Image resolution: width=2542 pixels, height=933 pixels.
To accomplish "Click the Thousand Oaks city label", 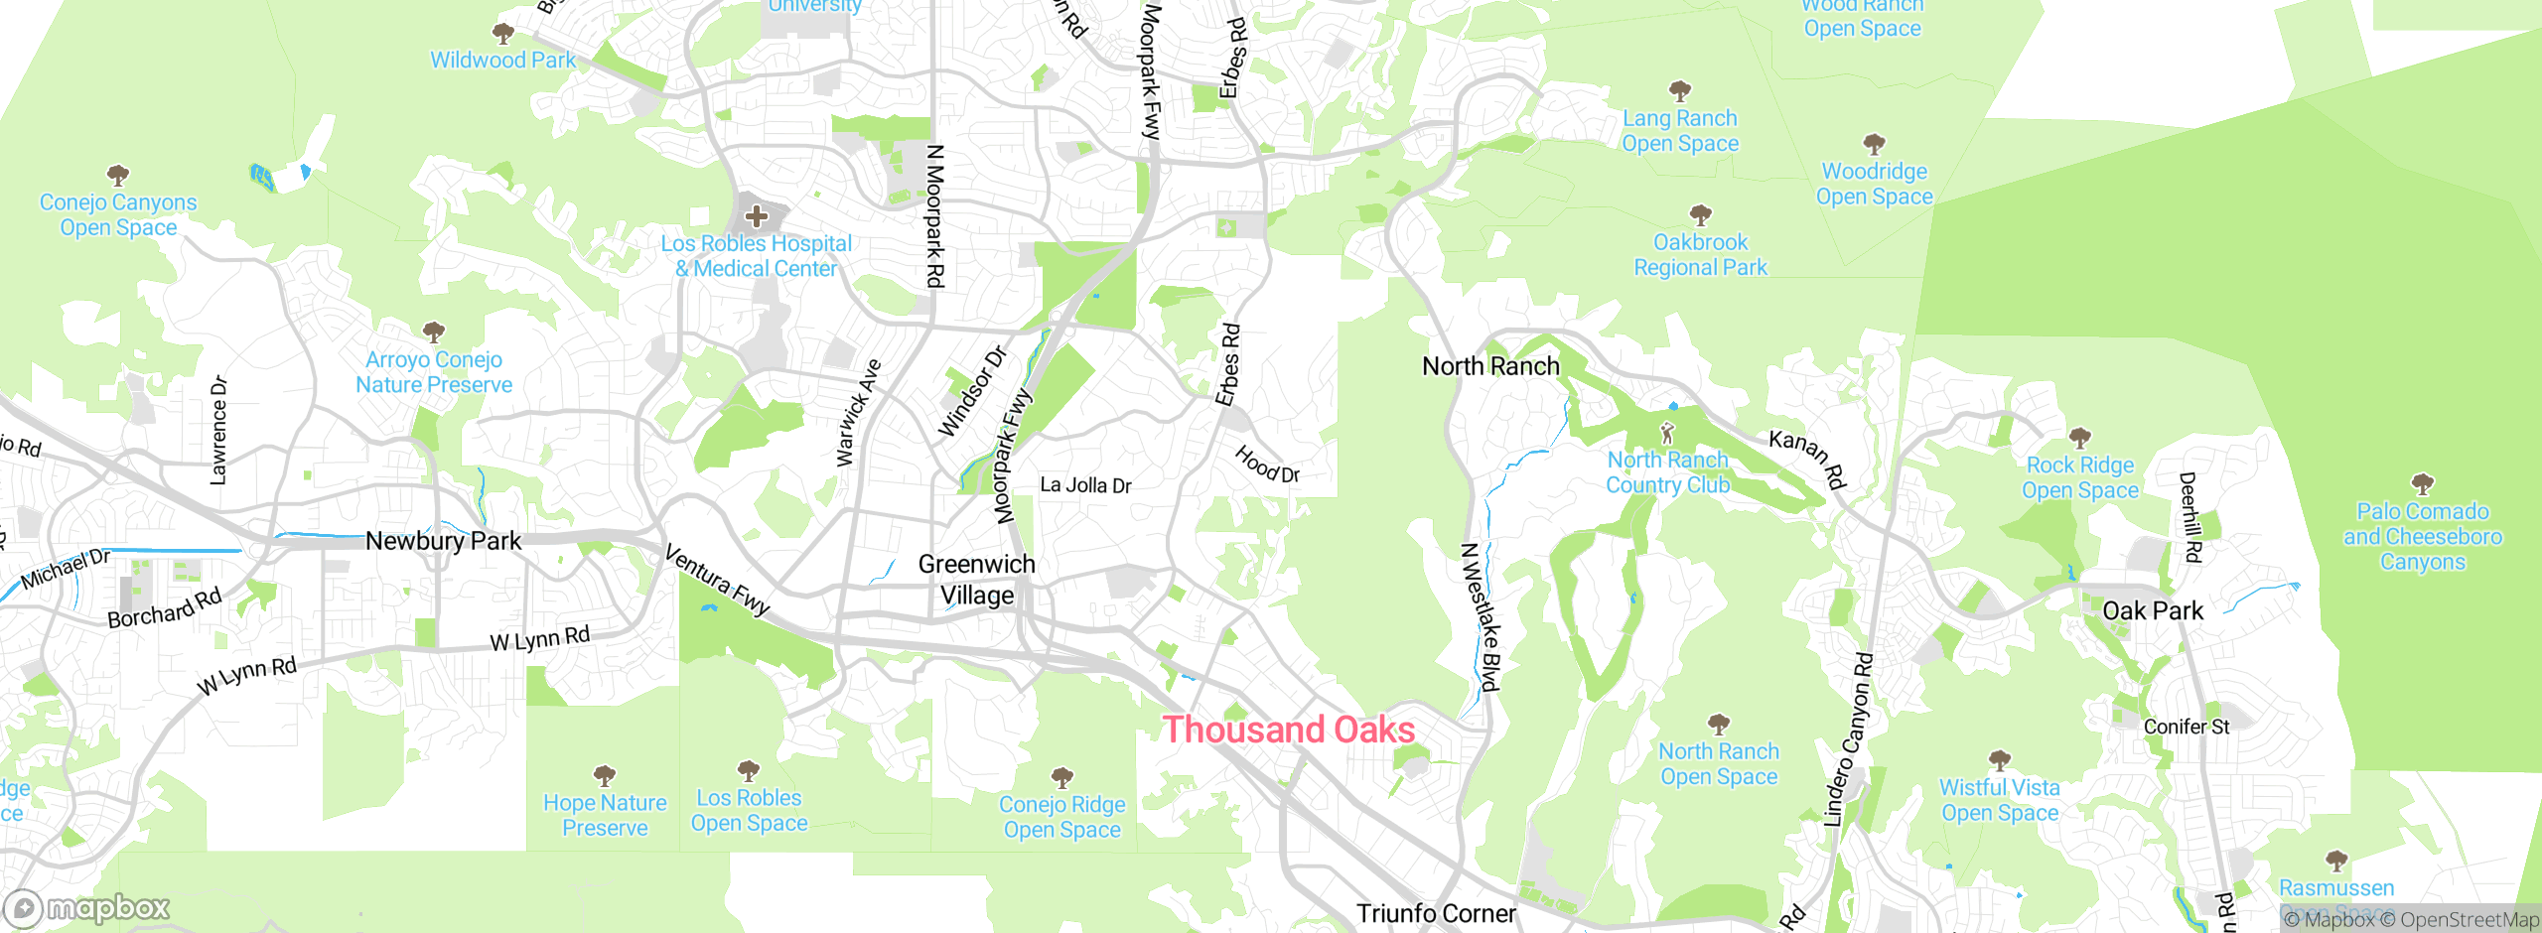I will tap(1288, 731).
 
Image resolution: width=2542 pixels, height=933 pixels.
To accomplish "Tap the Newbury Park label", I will tap(443, 541).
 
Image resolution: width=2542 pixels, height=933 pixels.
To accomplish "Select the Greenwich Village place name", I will tap(977, 580).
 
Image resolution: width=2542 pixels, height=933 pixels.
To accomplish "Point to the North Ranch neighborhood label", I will tap(1490, 366).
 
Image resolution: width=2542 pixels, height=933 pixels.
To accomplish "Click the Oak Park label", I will tap(2153, 610).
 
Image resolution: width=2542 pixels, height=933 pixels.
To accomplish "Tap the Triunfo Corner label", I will tap(1436, 913).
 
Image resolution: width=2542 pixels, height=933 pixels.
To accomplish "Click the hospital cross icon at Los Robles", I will tap(757, 215).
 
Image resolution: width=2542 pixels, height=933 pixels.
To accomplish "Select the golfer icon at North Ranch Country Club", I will tap(1667, 434).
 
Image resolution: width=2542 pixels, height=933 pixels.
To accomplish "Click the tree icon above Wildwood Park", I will tap(503, 34).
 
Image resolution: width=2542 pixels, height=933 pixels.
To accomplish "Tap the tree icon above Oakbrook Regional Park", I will tap(1700, 214).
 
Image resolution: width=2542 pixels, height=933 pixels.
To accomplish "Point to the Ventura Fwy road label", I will tap(717, 580).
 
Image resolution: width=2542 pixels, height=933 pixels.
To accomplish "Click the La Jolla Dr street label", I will tap(1085, 485).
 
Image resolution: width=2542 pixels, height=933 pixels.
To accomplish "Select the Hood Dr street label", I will tap(1267, 464).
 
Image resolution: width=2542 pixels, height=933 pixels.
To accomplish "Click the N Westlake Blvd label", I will tap(1480, 616).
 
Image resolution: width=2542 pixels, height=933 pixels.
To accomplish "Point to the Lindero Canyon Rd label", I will tap(1848, 739).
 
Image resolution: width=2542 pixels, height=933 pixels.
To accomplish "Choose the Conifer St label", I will tap(2186, 727).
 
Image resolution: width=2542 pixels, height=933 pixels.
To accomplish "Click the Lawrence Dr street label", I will tap(218, 430).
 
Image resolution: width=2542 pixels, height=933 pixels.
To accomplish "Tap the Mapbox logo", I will tap(87, 908).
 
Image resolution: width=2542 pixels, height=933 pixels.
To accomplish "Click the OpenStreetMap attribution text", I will tap(2469, 920).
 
